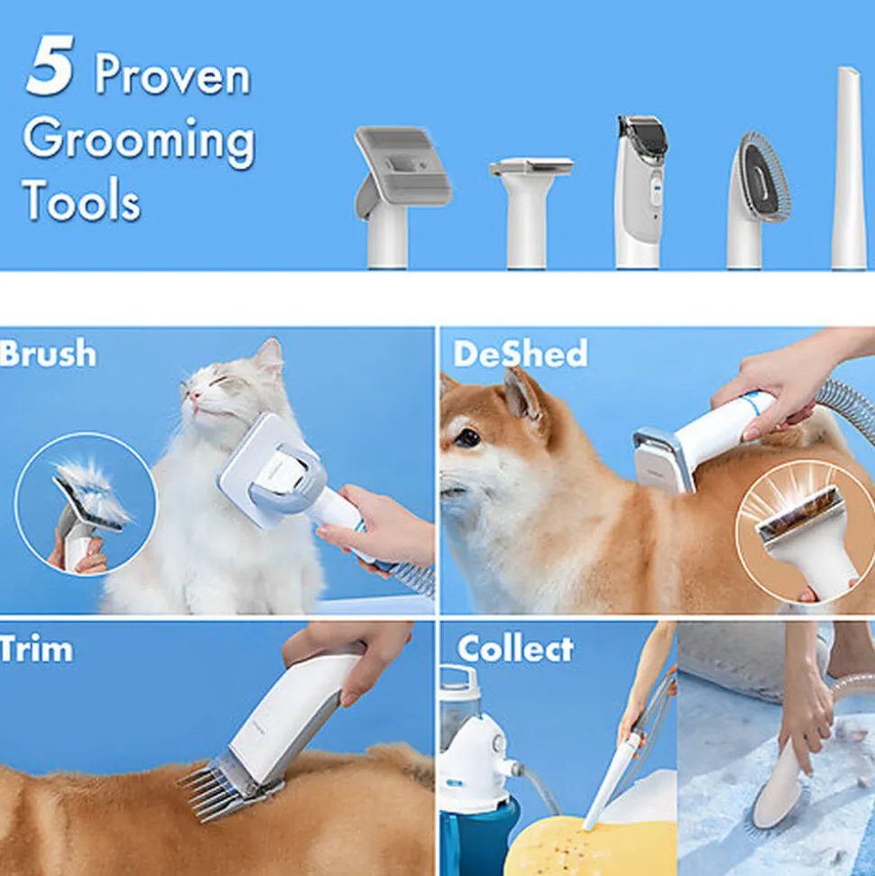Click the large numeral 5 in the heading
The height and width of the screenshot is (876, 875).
click(x=51, y=66)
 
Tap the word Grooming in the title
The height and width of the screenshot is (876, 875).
click(x=139, y=141)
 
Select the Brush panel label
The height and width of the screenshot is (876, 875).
click(x=48, y=353)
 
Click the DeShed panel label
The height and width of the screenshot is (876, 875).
click(x=520, y=353)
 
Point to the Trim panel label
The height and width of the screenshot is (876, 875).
click(x=36, y=649)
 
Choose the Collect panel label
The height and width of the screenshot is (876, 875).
click(x=515, y=649)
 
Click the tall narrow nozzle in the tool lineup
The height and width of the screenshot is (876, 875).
click(x=849, y=168)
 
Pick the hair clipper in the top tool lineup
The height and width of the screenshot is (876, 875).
click(x=640, y=191)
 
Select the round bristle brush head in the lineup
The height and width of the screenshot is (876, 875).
click(x=758, y=200)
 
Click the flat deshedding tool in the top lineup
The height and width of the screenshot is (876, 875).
click(x=530, y=212)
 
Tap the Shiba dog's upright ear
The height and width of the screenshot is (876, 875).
click(x=522, y=397)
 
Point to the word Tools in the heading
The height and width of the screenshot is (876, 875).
click(x=82, y=200)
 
